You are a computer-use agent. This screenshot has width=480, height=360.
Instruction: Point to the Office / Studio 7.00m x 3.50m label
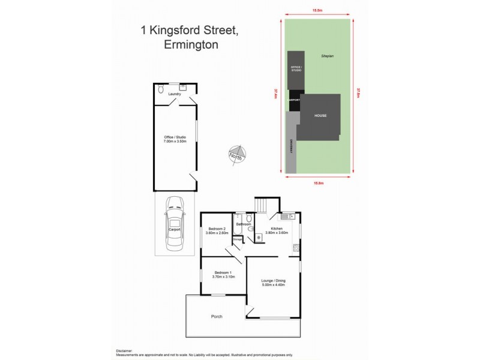[x=175, y=139]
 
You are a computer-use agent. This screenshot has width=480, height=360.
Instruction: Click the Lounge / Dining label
[x=272, y=281]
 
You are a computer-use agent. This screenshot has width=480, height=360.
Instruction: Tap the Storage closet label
[x=237, y=241]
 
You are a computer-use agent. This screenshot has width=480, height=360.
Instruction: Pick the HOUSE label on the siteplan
[x=320, y=116]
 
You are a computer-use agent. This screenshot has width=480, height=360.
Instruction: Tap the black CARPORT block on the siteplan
[x=294, y=101]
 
